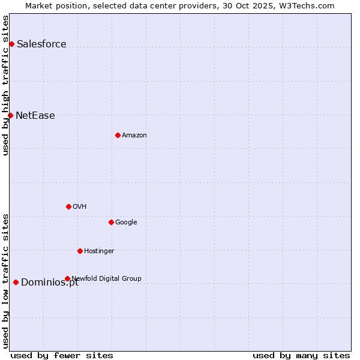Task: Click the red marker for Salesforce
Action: [x=11, y=44]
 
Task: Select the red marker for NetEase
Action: [x=10, y=115]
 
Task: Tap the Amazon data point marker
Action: [x=118, y=135]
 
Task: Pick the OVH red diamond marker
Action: [x=68, y=206]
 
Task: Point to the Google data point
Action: [x=111, y=222]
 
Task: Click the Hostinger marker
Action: [x=80, y=251]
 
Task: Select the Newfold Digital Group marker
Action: [x=67, y=278]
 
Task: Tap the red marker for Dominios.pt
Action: [x=16, y=282]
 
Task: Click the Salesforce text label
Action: [x=41, y=44]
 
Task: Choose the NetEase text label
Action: [x=35, y=115]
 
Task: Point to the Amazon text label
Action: [x=134, y=135]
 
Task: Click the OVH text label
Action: [x=80, y=206]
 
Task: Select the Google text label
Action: [x=126, y=222]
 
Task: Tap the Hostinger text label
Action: [x=99, y=251]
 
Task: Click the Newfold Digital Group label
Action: [x=107, y=278]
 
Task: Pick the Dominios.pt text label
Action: [x=50, y=283]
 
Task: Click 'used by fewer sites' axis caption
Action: [x=62, y=355]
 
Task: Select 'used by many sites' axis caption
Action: [x=301, y=355]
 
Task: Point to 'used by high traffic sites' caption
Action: [x=5, y=85]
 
